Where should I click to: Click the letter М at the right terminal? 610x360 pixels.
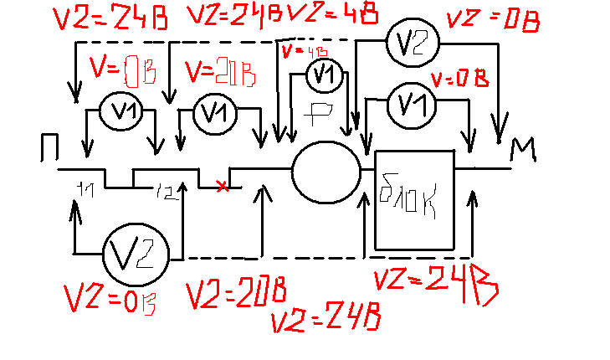click(522, 148)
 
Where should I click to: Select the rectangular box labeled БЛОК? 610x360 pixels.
click(413, 199)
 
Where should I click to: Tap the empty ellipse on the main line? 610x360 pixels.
click(326, 172)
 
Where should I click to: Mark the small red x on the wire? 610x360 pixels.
click(222, 186)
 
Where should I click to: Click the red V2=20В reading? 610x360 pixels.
click(237, 294)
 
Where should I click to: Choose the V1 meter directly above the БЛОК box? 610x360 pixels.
click(409, 104)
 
